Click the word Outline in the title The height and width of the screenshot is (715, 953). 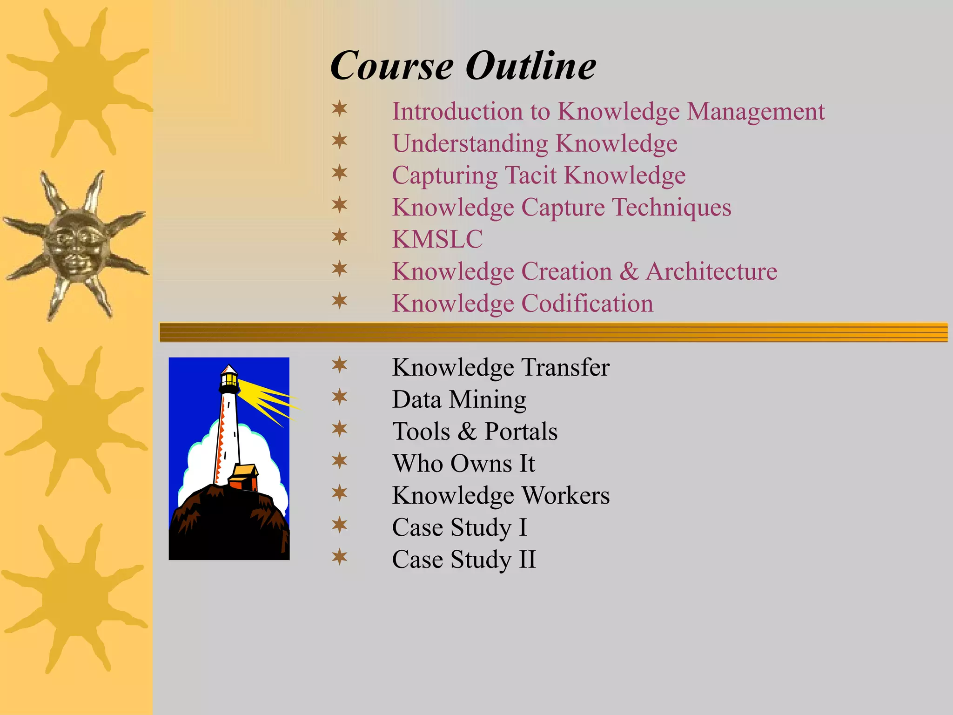(530, 66)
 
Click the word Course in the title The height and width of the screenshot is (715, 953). (392, 66)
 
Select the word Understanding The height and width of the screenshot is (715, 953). (470, 144)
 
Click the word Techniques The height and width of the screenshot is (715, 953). (672, 208)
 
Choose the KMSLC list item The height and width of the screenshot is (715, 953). (437, 239)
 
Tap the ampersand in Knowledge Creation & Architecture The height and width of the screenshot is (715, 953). (629, 271)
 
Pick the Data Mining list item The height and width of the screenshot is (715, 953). (459, 399)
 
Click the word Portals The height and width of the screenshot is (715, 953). (521, 432)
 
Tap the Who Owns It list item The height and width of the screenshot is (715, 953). (463, 464)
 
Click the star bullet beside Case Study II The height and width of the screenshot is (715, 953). (340, 557)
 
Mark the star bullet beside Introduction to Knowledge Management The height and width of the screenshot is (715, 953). (340, 109)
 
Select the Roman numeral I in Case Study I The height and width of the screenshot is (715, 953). (523, 527)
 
